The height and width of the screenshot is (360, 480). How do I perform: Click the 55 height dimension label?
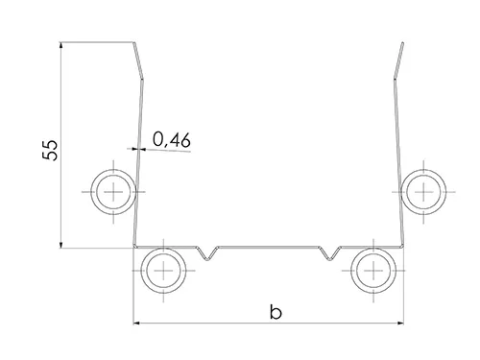click(x=50, y=150)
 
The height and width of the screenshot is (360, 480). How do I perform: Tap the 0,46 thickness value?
click(x=172, y=140)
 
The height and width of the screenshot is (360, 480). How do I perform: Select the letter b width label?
click(x=276, y=312)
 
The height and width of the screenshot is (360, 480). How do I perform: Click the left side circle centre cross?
click(x=113, y=192)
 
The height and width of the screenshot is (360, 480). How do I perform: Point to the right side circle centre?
click(x=423, y=192)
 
